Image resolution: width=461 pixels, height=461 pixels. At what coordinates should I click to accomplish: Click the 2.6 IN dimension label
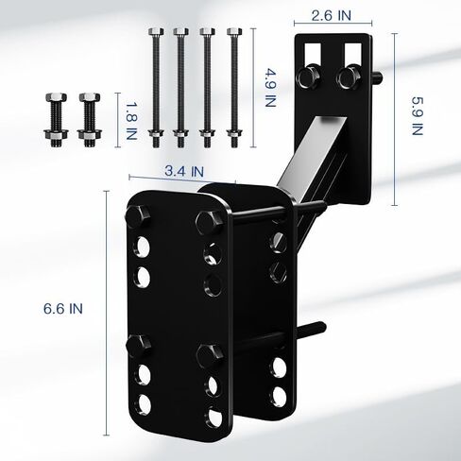click(331, 15)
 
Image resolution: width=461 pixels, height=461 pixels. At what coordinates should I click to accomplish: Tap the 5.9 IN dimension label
click(418, 116)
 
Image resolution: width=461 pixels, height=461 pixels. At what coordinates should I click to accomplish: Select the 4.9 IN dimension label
click(270, 88)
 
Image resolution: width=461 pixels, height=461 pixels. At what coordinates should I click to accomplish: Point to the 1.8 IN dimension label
click(131, 120)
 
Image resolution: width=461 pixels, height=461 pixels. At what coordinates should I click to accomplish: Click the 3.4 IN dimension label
click(184, 171)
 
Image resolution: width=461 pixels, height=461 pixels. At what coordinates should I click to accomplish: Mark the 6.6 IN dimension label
click(63, 309)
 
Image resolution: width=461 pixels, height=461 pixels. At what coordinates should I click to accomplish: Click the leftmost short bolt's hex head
click(56, 97)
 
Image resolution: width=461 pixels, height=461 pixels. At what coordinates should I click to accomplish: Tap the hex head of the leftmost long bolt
click(156, 31)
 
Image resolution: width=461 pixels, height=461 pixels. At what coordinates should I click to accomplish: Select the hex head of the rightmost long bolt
click(234, 31)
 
